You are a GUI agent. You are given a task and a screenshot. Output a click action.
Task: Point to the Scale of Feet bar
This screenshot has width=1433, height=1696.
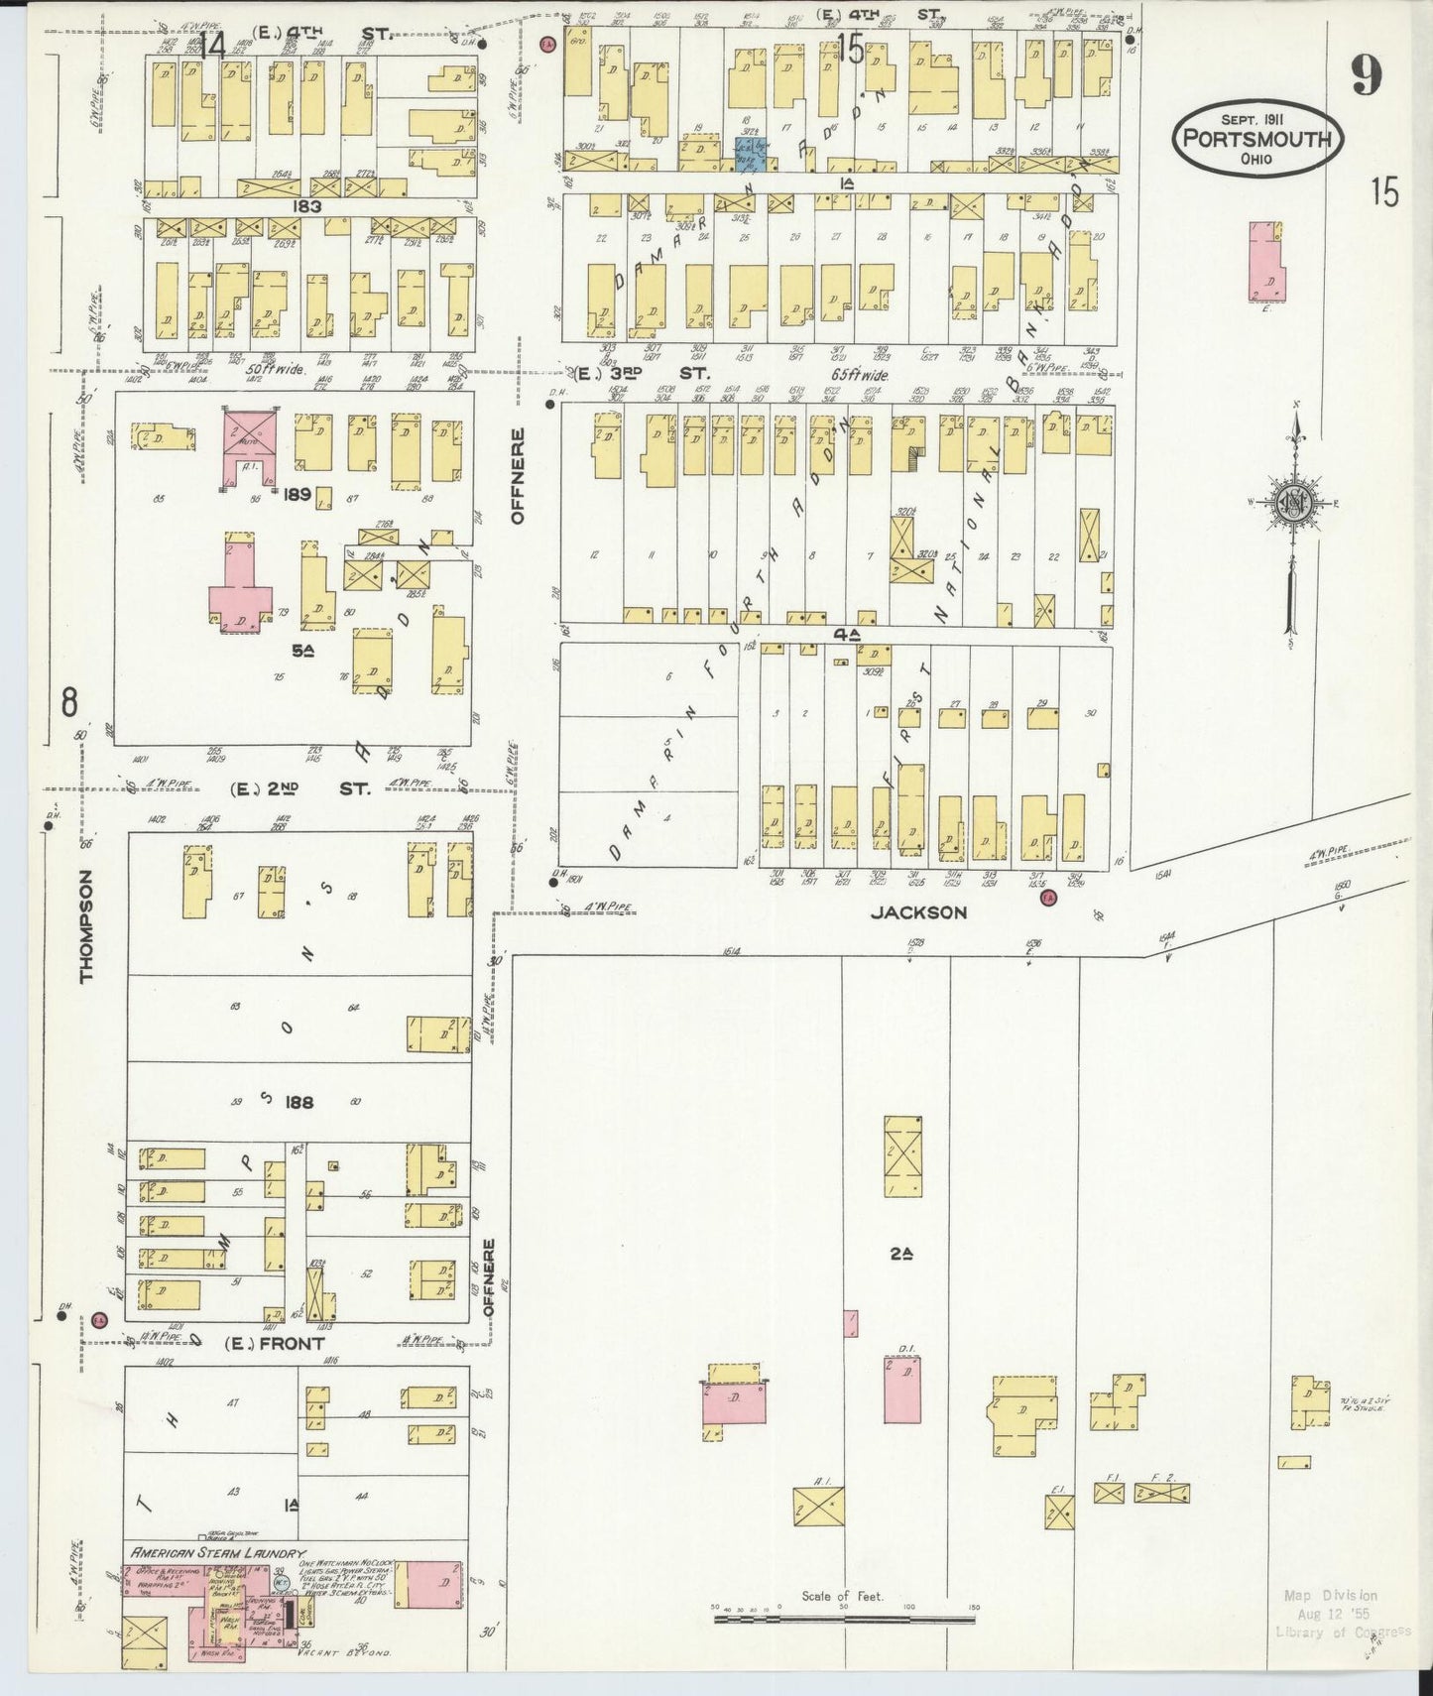click(x=845, y=1620)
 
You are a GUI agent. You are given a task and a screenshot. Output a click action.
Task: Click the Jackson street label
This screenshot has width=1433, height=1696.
click(x=918, y=912)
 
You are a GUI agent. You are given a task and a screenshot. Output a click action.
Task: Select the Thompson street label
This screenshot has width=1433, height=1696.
click(x=86, y=926)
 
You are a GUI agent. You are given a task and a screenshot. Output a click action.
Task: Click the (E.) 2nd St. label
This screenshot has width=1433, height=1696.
click(x=299, y=789)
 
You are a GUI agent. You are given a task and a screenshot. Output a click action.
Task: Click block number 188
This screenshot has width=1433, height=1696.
click(x=299, y=1102)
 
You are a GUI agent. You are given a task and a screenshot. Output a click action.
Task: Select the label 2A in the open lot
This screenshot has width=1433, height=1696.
click(x=900, y=1254)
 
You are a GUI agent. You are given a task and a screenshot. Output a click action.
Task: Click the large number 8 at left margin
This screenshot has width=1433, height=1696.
click(x=68, y=702)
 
